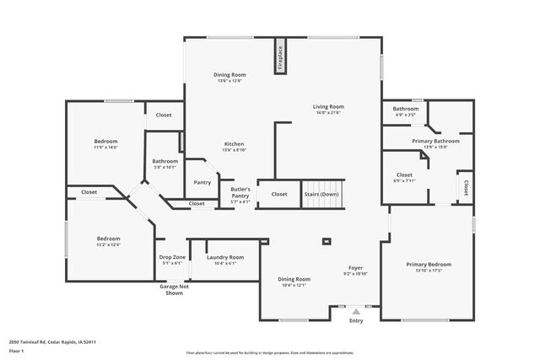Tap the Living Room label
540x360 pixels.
[x=328, y=107]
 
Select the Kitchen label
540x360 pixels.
[x=234, y=143]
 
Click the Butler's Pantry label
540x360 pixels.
[x=240, y=196]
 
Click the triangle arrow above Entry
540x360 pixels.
[x=356, y=312]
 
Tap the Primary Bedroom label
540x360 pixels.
[x=429, y=264]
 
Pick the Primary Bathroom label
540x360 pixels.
[x=435, y=141]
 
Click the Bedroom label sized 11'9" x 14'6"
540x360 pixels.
[x=105, y=141]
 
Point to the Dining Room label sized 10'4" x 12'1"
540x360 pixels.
[x=295, y=278]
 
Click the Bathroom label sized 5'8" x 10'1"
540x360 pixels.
[x=165, y=161]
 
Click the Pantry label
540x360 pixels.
[x=202, y=182]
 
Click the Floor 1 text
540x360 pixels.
[x=17, y=350]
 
